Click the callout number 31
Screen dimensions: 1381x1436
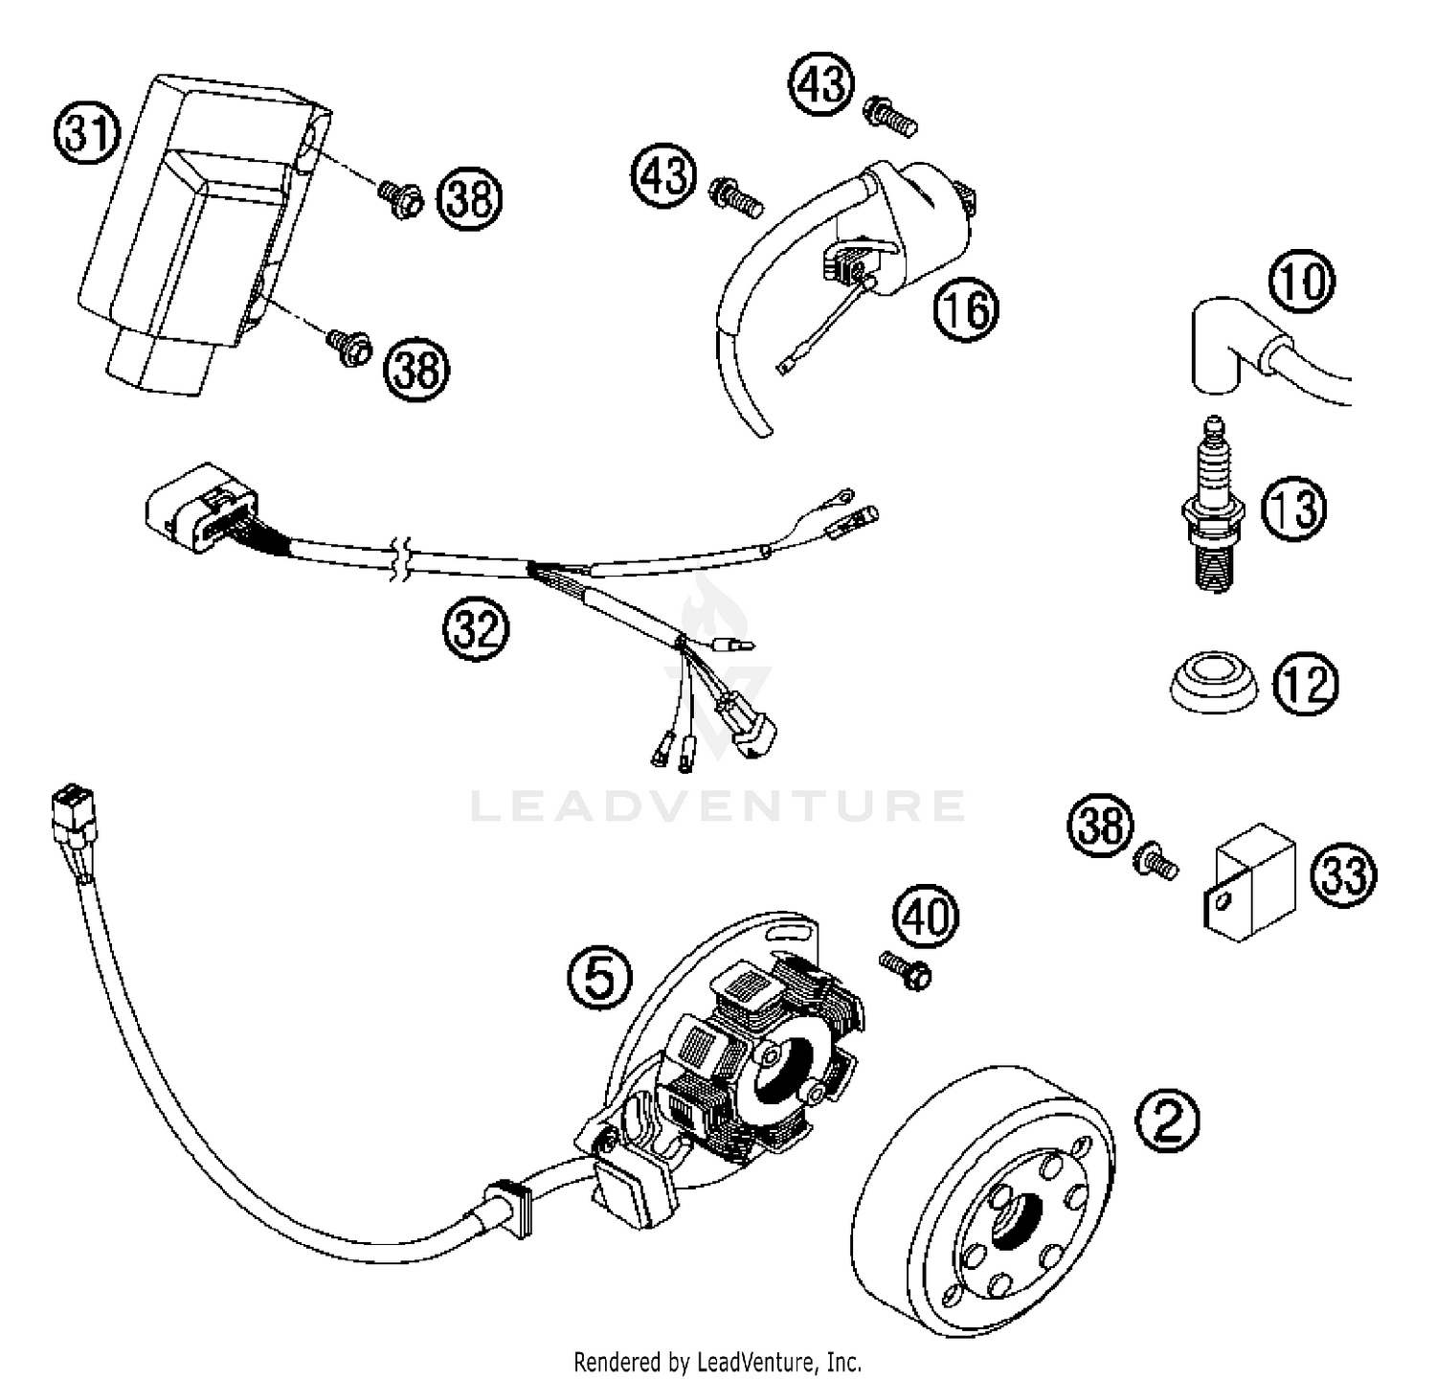coord(86,132)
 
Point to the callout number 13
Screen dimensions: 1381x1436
coord(1294,508)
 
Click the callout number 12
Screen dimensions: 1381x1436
coord(1304,684)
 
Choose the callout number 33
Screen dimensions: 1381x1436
coord(1344,873)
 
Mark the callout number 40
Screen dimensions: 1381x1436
coord(926,917)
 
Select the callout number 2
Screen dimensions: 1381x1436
coord(1166,1121)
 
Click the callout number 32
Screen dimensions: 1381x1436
coord(476,630)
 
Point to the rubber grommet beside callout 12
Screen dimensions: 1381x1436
coord(1214,682)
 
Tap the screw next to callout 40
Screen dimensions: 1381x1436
coord(907,969)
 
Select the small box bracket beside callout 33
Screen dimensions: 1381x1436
coord(1249,880)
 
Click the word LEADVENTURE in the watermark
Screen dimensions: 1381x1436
coord(718,806)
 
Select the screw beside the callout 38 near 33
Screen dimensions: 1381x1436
coord(1155,862)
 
